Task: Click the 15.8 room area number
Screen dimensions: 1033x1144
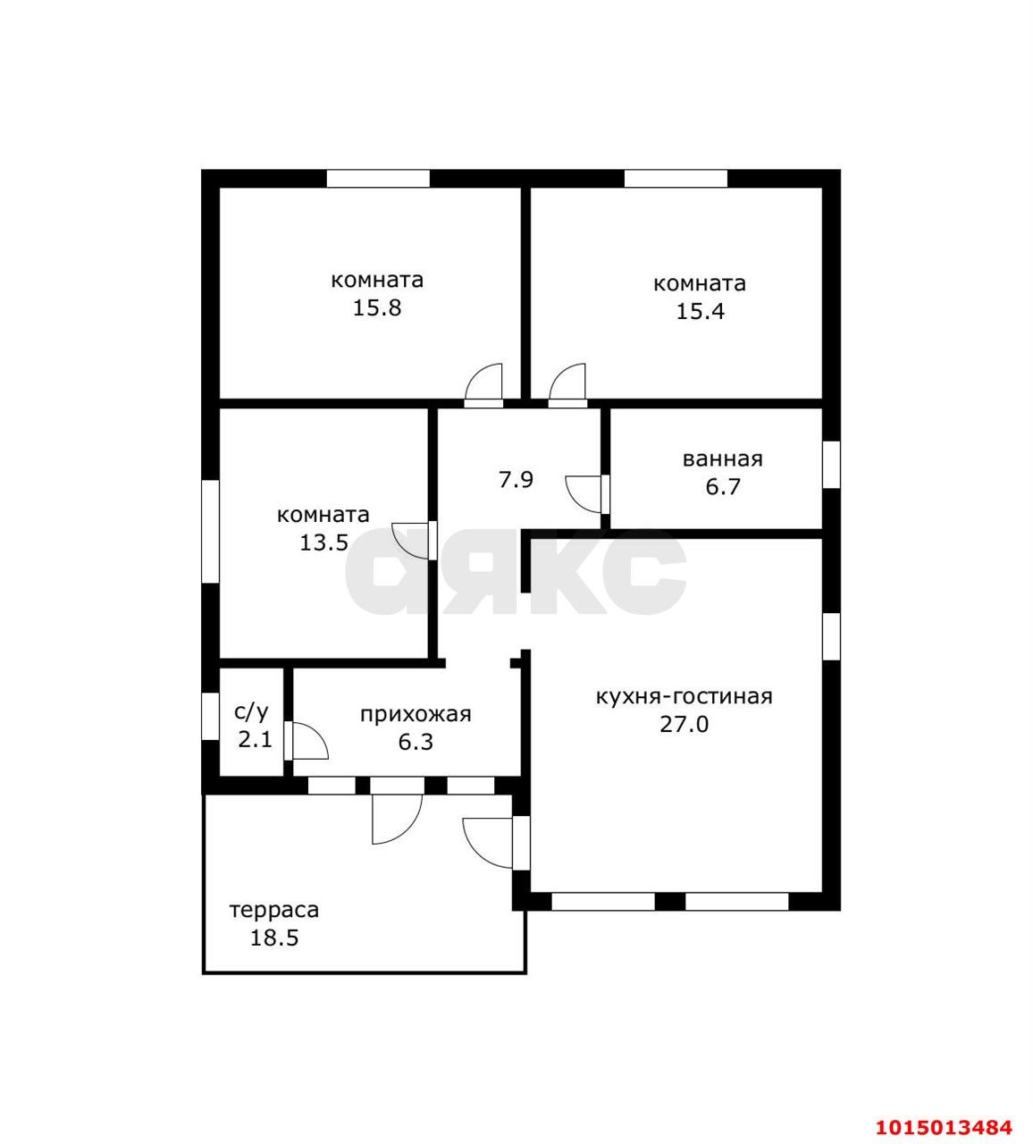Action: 377,308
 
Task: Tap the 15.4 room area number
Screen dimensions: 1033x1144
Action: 700,311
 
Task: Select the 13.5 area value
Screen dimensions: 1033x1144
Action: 324,543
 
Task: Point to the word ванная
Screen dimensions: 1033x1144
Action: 723,459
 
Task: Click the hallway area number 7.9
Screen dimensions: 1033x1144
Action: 516,480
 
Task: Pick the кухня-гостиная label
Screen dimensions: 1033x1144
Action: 684,697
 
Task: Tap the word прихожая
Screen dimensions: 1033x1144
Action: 416,714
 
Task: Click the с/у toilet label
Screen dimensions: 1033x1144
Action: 251,711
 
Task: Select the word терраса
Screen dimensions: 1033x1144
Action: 274,910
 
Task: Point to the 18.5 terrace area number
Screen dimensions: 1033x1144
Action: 274,938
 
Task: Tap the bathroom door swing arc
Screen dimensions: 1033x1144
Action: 583,494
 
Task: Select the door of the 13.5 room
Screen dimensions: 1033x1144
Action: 411,542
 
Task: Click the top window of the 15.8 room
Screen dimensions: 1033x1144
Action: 378,179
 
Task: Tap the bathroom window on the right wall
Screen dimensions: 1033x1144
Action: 831,464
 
